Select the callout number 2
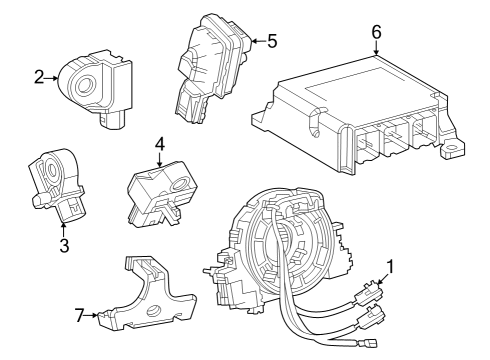click(x=38, y=76)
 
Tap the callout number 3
click(x=64, y=245)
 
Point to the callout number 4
click(x=158, y=144)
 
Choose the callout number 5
click(x=271, y=42)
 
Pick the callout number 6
click(x=376, y=31)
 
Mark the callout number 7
click(x=80, y=316)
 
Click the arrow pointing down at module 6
click(x=376, y=46)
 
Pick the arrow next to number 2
click(x=52, y=76)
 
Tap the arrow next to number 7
click(x=94, y=316)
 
